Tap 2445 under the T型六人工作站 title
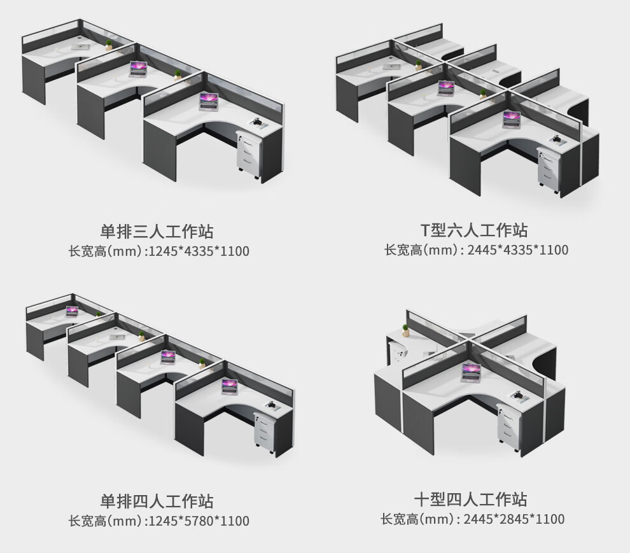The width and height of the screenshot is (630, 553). (481, 250)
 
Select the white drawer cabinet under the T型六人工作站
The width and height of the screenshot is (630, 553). (548, 169)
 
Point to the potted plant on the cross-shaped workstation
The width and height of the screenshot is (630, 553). (405, 330)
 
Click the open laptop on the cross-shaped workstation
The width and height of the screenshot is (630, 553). (472, 371)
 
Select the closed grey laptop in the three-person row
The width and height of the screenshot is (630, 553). (80, 46)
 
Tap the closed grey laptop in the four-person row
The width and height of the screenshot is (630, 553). (116, 337)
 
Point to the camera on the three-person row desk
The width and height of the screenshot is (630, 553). (258, 120)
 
